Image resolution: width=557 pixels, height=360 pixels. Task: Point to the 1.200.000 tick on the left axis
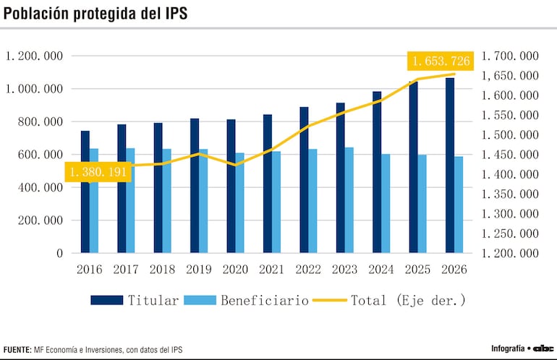coord(34,56)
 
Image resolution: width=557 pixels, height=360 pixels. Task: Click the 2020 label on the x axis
coord(234,269)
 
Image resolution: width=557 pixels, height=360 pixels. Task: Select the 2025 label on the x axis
coord(417,269)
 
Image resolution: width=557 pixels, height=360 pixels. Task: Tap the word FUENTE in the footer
coord(17,350)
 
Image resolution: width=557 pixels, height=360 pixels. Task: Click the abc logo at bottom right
coord(543,348)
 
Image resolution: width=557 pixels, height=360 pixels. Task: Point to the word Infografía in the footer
coord(507,348)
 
